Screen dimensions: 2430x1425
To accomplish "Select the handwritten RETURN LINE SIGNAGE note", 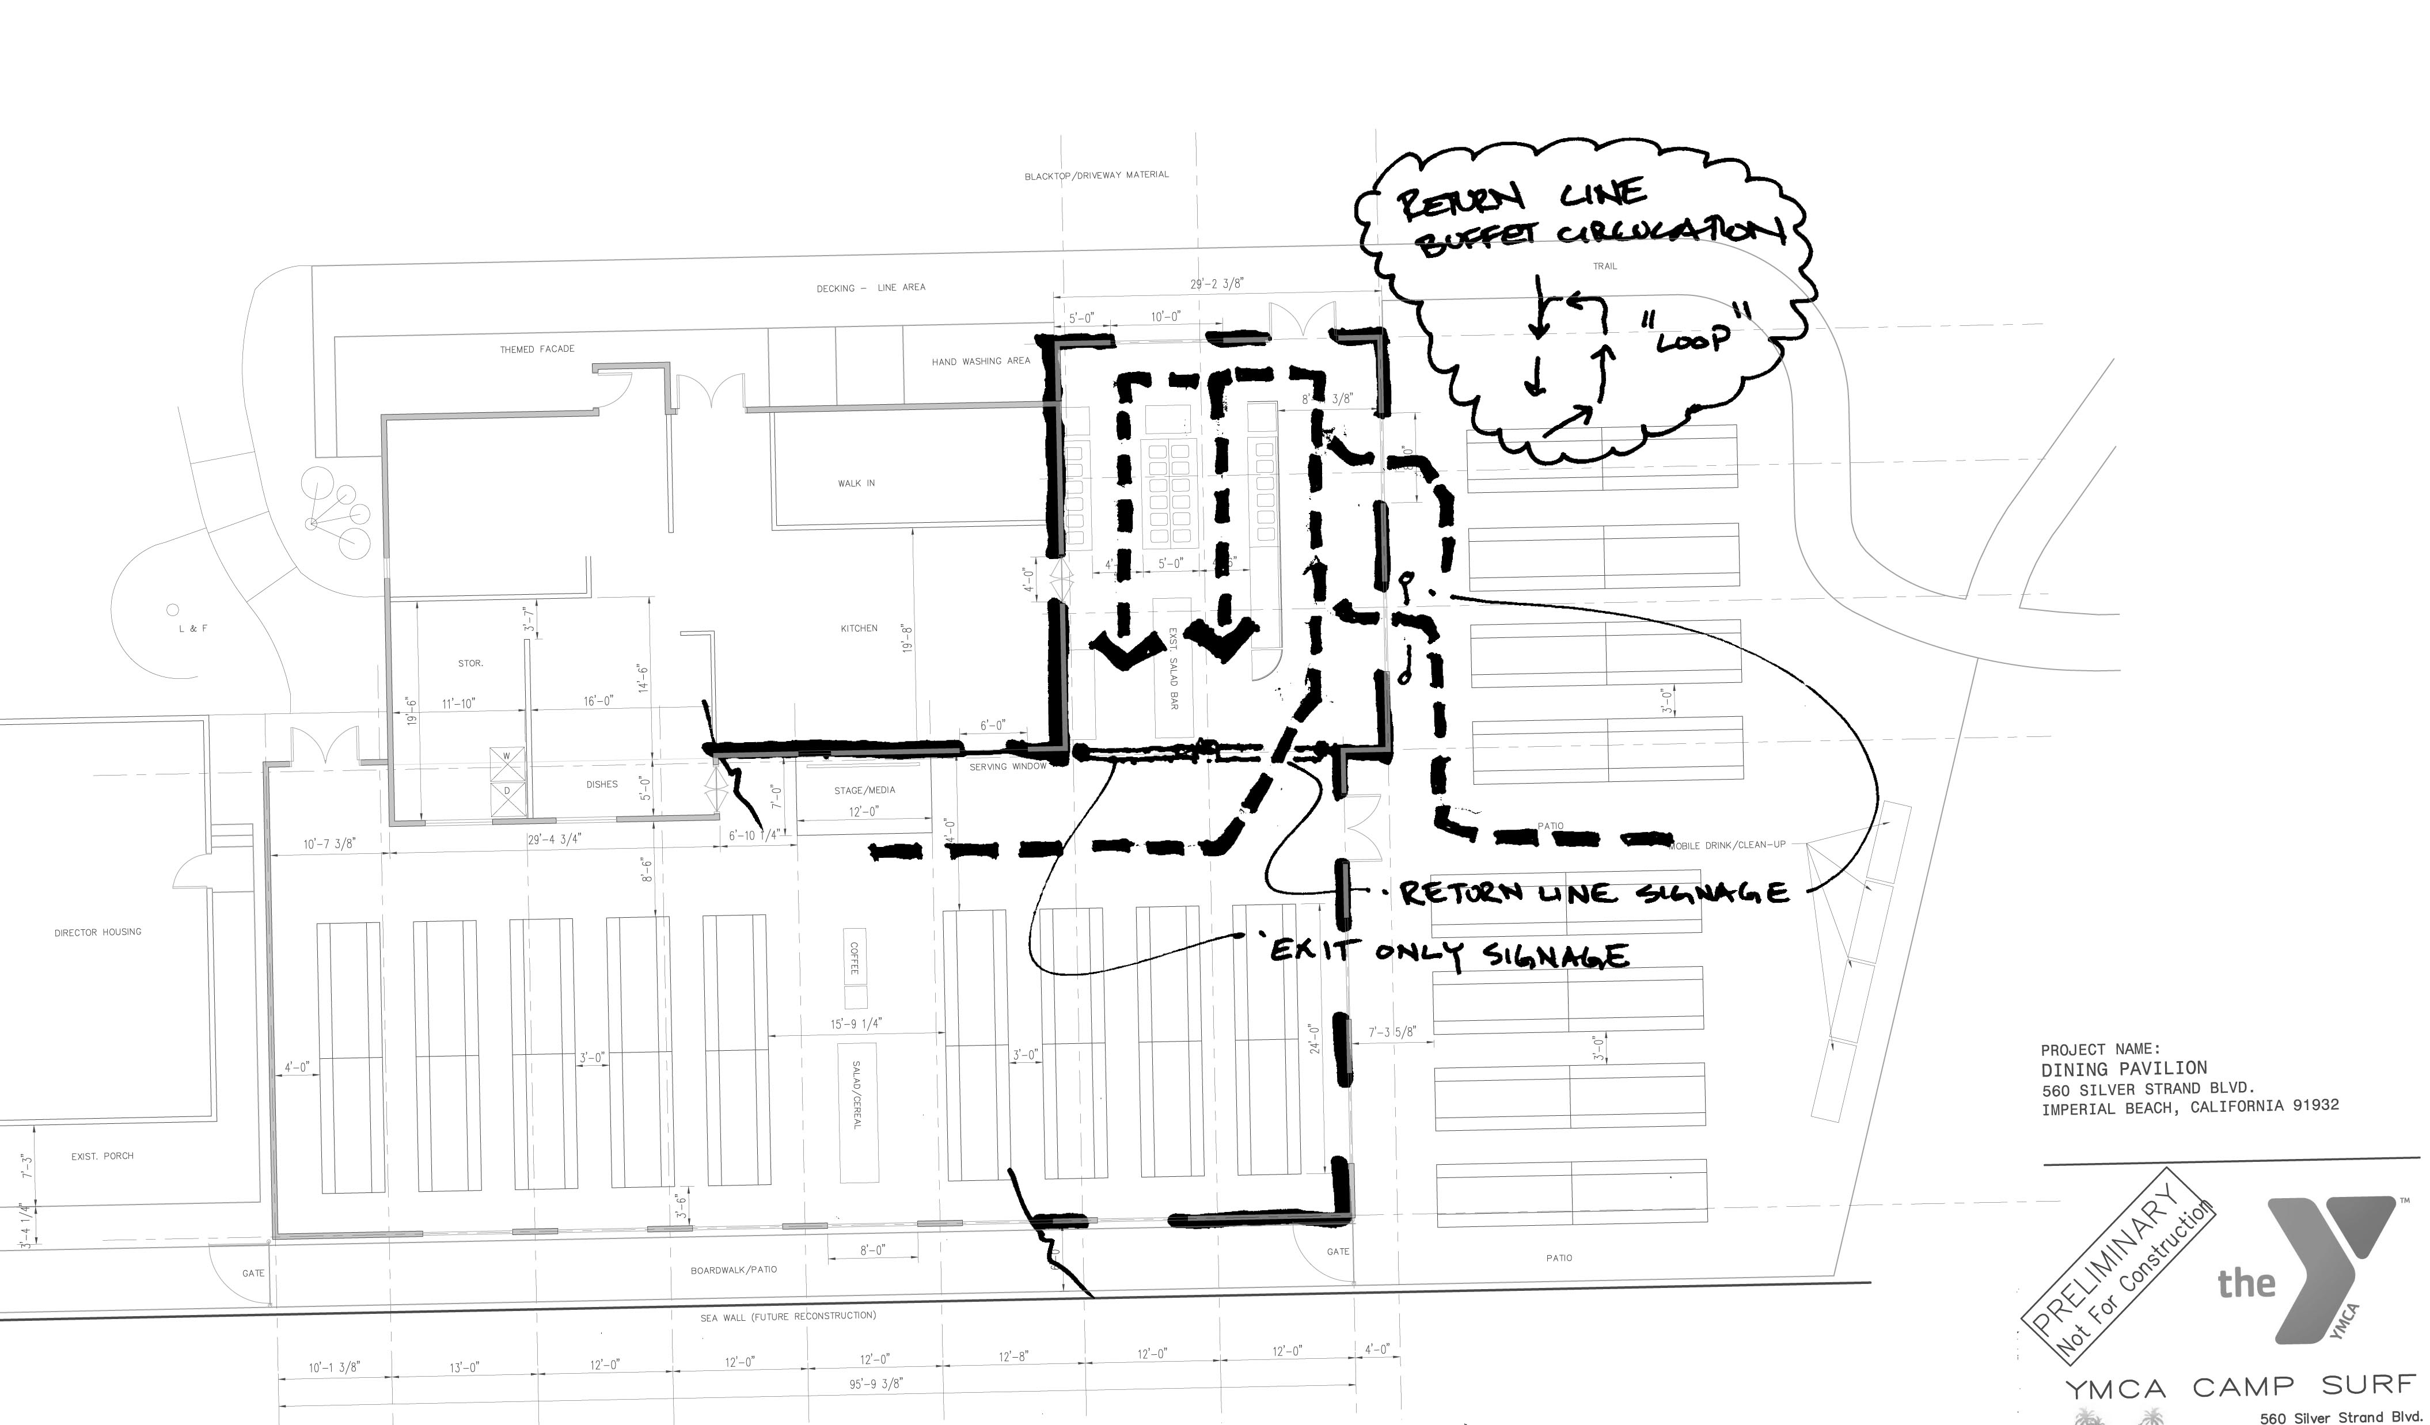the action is tap(1593, 894).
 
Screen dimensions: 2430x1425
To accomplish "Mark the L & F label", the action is tap(193, 629).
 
